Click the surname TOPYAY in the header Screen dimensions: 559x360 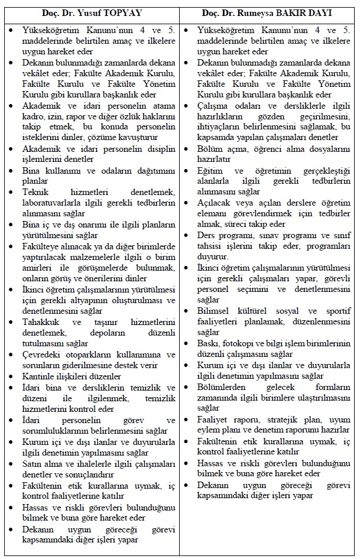(x=124, y=12)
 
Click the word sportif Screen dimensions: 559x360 (x=335, y=311)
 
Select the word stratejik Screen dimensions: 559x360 (x=275, y=419)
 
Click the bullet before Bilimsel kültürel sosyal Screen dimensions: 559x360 (x=187, y=311)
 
